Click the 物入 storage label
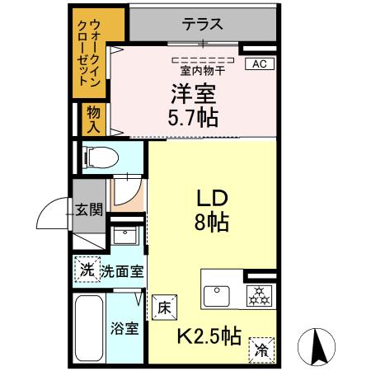click(x=92, y=120)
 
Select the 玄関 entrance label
click(x=89, y=209)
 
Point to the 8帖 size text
click(x=212, y=222)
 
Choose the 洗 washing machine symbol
click(x=86, y=269)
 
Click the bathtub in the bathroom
click(x=88, y=328)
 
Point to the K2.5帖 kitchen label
click(x=210, y=336)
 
